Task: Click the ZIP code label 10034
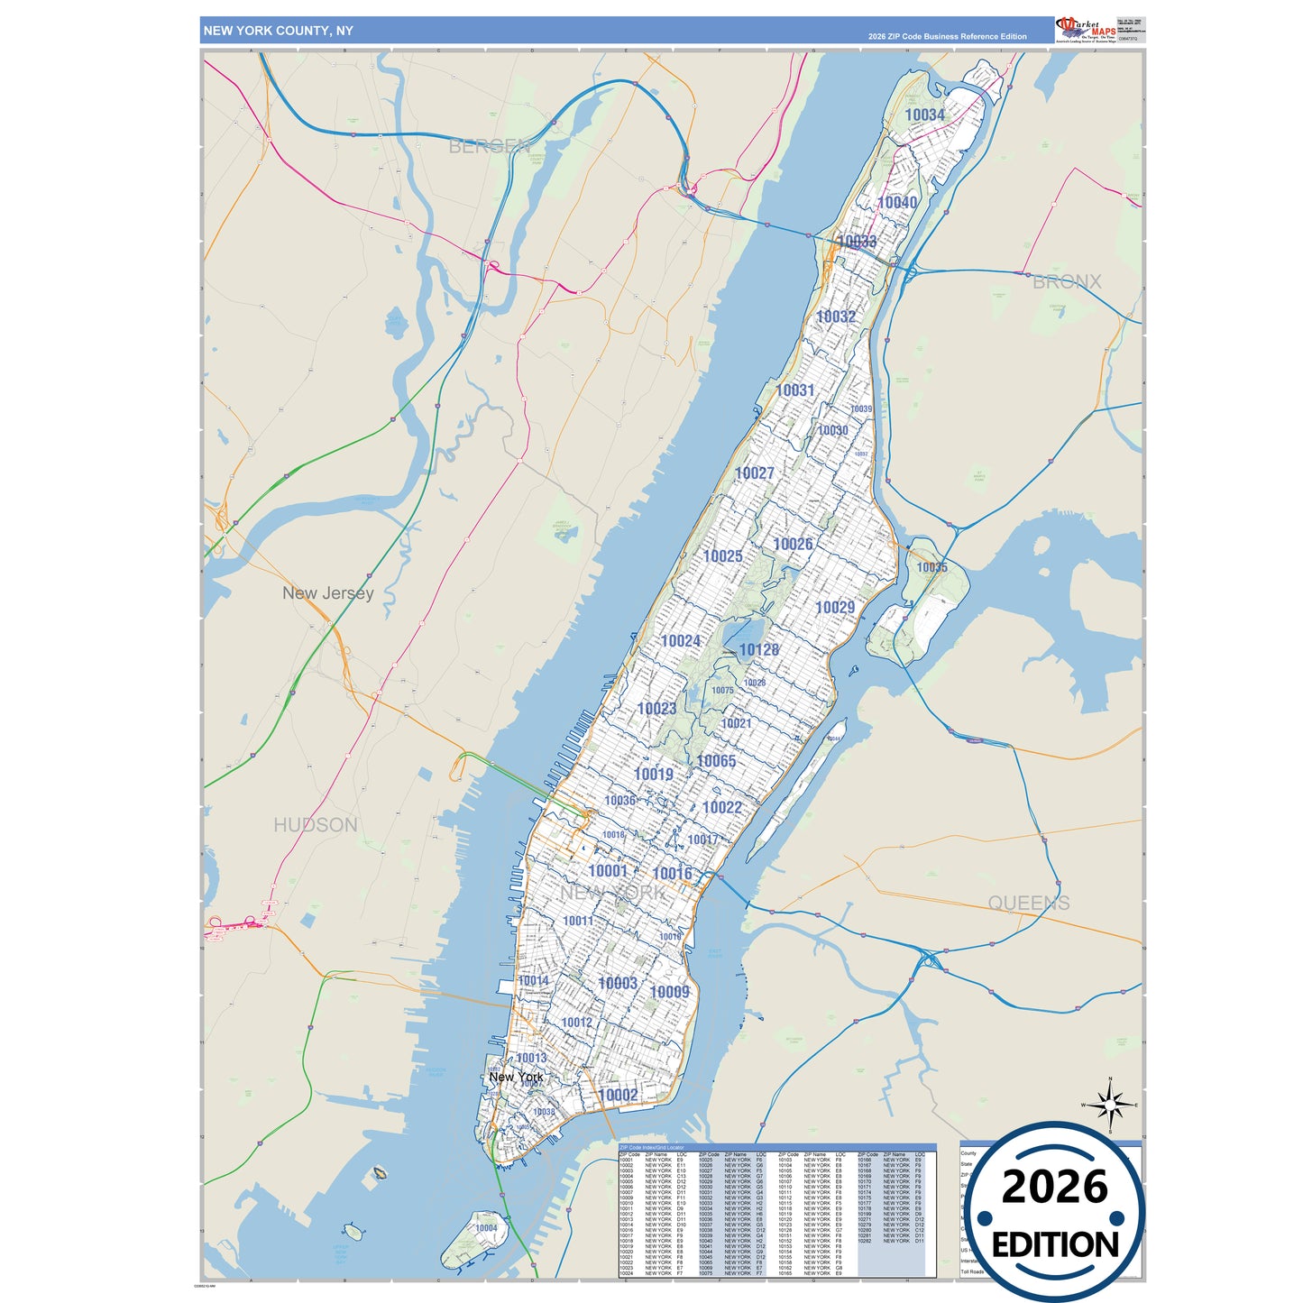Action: [x=924, y=115]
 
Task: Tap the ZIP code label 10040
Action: [x=897, y=203]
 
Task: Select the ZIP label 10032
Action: [x=836, y=317]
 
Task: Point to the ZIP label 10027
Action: [x=754, y=473]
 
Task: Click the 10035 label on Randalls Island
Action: [x=931, y=567]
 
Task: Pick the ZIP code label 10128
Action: [x=758, y=650]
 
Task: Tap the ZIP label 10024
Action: [x=680, y=641]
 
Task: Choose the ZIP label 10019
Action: [x=653, y=775]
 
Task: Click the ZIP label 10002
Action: [x=618, y=1095]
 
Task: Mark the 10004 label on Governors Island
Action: [x=486, y=1228]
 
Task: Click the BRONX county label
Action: [x=1067, y=282]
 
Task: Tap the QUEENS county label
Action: [x=1029, y=904]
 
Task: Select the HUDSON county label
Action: [x=316, y=825]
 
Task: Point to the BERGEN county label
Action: [x=489, y=146]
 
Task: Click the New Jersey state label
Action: [x=327, y=593]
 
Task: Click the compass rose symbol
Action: [x=1110, y=1105]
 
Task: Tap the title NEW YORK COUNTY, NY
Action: [x=278, y=31]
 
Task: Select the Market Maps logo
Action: [x=1086, y=29]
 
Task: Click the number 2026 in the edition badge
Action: [x=1054, y=1187]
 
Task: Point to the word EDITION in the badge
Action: [x=1055, y=1245]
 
